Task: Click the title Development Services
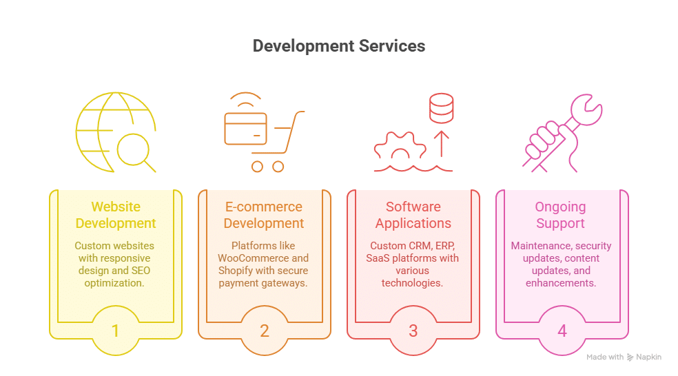(339, 46)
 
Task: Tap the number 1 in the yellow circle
(115, 331)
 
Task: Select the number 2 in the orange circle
(264, 331)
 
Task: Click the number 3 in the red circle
(413, 331)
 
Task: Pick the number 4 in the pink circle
(562, 331)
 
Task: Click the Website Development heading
(116, 215)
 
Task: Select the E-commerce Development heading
(264, 215)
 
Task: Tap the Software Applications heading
(413, 215)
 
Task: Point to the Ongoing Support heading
(560, 215)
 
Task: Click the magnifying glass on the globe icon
(136, 153)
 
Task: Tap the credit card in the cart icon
(245, 128)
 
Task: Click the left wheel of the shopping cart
(257, 167)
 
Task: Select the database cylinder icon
(441, 108)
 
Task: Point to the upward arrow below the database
(442, 144)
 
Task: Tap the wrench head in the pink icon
(586, 109)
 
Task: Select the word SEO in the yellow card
(141, 271)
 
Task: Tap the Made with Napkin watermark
(624, 357)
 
